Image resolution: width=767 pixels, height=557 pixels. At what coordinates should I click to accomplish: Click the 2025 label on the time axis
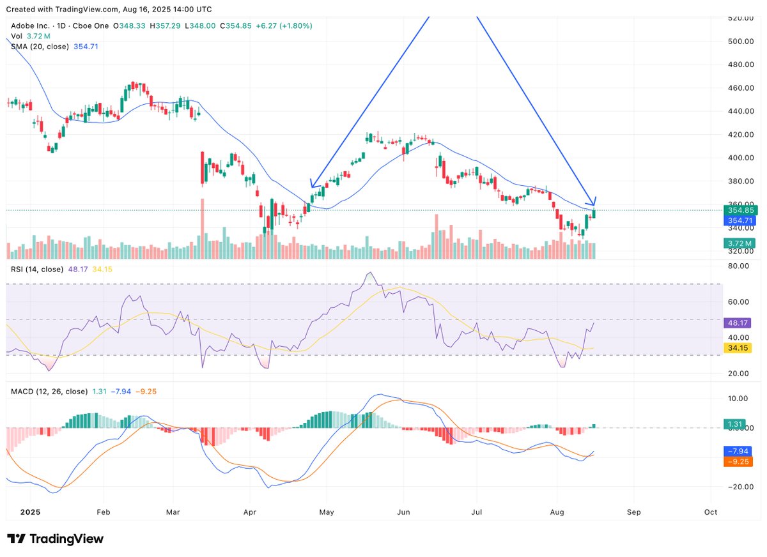click(30, 512)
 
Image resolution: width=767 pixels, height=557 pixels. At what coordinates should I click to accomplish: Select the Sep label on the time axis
click(633, 512)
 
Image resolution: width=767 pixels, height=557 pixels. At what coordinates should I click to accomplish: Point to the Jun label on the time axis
click(403, 512)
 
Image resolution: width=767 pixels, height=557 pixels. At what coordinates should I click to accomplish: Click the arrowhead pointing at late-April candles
click(312, 185)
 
